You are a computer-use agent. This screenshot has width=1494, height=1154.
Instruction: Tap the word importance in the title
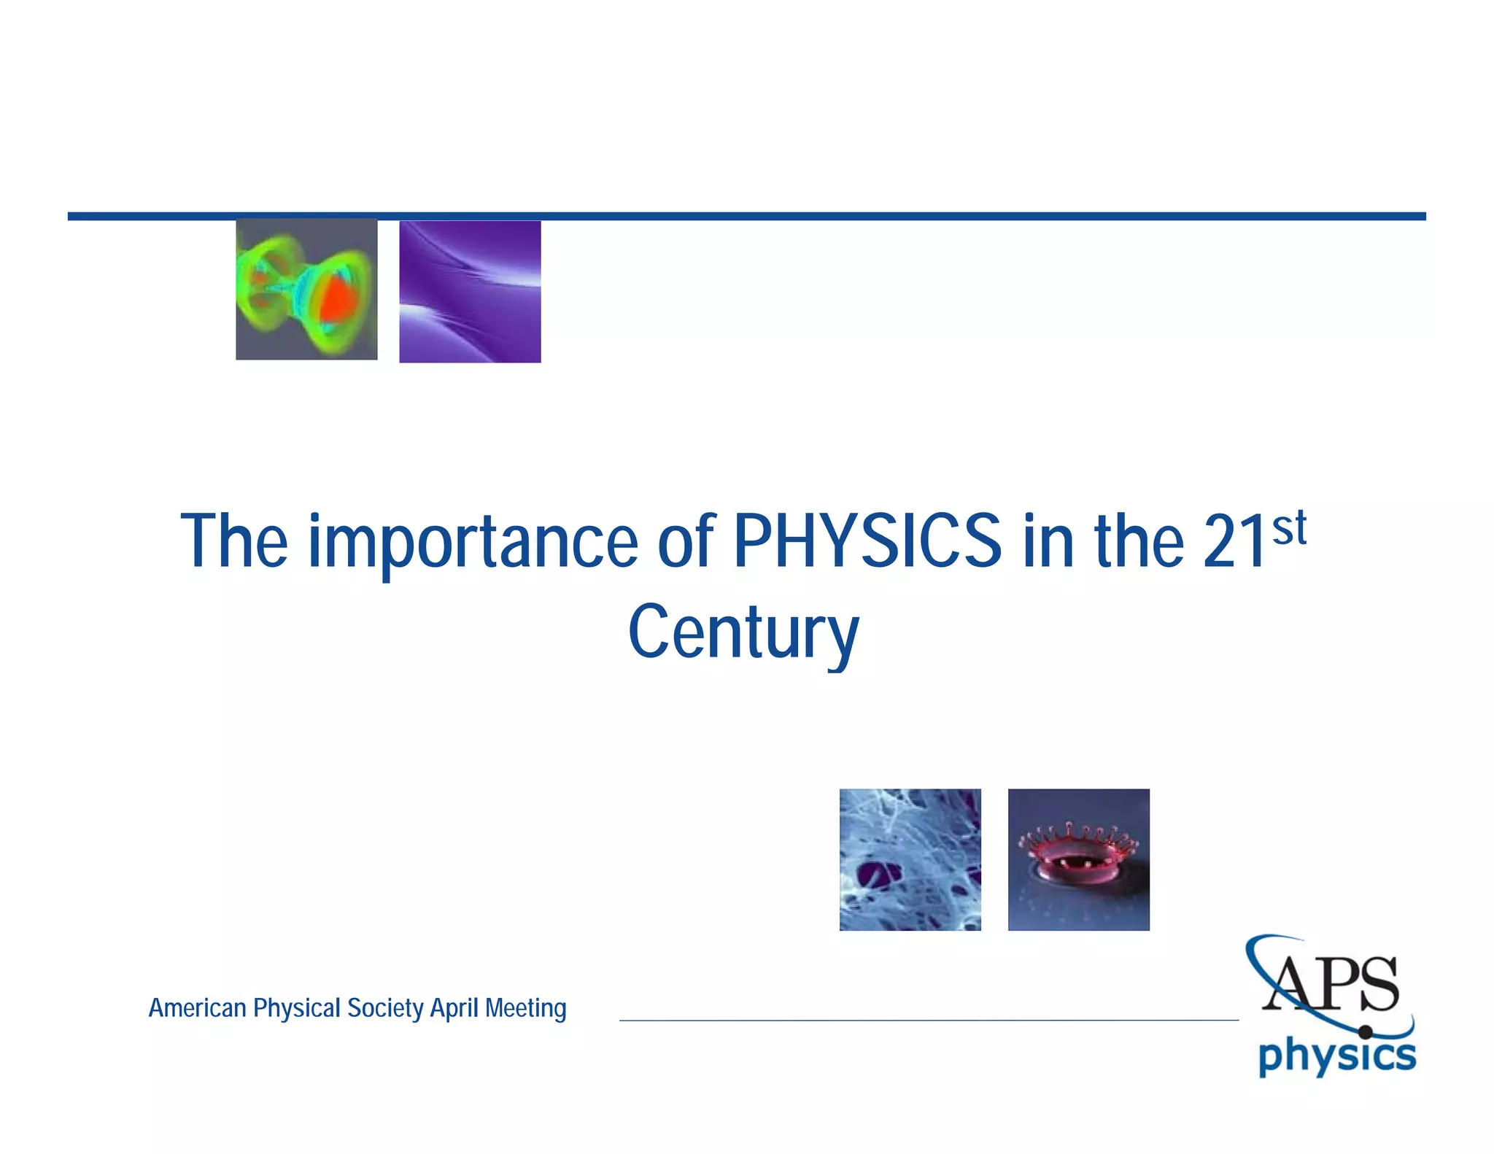pyautogui.click(x=473, y=543)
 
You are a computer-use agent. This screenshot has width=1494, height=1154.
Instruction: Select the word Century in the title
pyautogui.click(x=743, y=632)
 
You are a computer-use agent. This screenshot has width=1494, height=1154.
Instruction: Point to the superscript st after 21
pyautogui.click(x=1289, y=529)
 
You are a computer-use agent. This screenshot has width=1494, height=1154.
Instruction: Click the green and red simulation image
pyautogui.click(x=306, y=290)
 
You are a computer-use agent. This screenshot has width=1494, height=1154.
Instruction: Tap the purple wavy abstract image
pyautogui.click(x=470, y=292)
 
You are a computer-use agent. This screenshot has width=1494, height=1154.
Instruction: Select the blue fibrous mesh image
pyautogui.click(x=910, y=859)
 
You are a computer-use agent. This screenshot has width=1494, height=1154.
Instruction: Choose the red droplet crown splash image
pyautogui.click(x=1078, y=859)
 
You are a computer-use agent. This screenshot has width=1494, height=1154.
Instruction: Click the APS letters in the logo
pyautogui.click(x=1332, y=985)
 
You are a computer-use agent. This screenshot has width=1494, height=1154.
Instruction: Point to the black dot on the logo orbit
pyautogui.click(x=1365, y=1032)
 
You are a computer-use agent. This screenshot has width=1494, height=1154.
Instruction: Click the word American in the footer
pyautogui.click(x=197, y=1008)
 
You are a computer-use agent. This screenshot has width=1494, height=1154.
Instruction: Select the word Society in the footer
pyautogui.click(x=385, y=1008)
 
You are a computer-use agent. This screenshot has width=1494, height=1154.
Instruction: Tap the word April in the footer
pyautogui.click(x=454, y=1008)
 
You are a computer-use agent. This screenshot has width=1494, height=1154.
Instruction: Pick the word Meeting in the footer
pyautogui.click(x=525, y=1008)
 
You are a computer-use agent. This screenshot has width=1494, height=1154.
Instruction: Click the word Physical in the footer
pyautogui.click(x=297, y=1008)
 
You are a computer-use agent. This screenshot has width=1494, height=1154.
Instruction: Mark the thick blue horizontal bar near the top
pyautogui.click(x=746, y=217)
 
